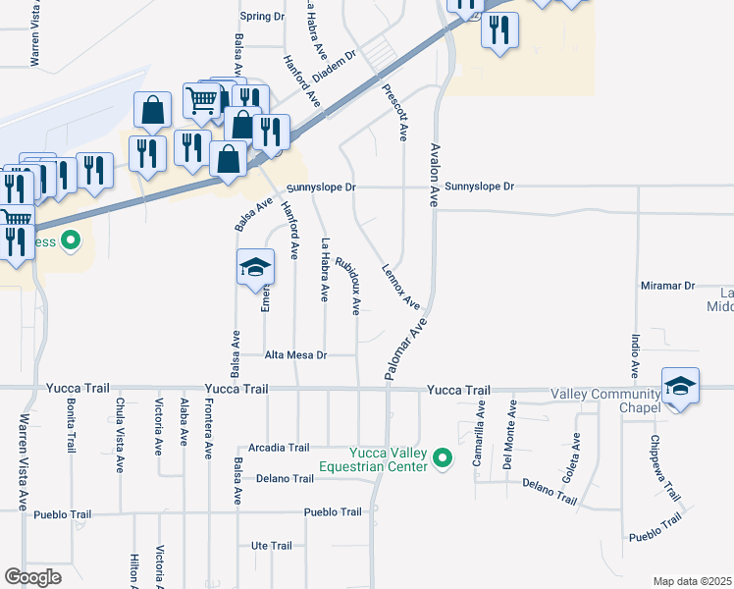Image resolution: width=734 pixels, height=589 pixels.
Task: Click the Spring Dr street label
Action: coord(262,17)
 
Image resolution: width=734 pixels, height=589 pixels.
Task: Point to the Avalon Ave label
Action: coord(433,175)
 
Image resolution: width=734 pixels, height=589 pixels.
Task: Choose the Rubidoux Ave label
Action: coord(348,286)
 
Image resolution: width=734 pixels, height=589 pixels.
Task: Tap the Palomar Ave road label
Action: coord(408,343)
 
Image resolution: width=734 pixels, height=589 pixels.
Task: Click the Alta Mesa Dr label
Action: coord(295,354)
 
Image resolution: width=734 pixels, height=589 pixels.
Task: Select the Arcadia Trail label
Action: coord(280,448)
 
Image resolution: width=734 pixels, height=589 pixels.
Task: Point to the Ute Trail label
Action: coord(272,546)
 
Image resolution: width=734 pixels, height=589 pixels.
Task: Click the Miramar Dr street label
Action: coord(667,286)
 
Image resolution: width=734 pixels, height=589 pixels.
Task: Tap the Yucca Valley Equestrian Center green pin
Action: coord(443,457)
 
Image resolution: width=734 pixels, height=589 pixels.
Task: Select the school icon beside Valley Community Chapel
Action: coord(681,386)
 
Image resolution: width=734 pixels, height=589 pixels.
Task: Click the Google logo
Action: coord(33,577)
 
